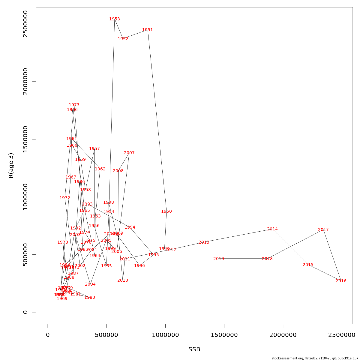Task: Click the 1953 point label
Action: click(x=115, y=19)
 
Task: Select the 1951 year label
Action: click(x=148, y=30)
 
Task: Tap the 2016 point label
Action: click(x=341, y=281)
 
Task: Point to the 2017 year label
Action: click(x=323, y=230)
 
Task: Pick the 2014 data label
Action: click(x=272, y=229)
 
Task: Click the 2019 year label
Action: click(x=219, y=259)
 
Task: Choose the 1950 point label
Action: click(x=166, y=211)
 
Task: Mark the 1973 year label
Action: click(x=74, y=105)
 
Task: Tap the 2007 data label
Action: click(x=129, y=153)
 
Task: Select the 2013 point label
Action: click(x=204, y=242)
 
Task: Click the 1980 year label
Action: click(x=90, y=298)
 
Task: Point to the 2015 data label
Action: click(x=308, y=265)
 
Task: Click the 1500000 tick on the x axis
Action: click(x=224, y=335)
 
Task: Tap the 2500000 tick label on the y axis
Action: click(x=25, y=24)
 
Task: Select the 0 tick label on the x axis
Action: click(x=48, y=335)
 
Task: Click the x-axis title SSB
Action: click(x=194, y=349)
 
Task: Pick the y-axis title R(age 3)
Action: click(x=11, y=166)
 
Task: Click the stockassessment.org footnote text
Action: click(x=315, y=358)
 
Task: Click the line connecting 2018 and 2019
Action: click(x=243, y=259)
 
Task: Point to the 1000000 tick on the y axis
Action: click(x=25, y=197)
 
